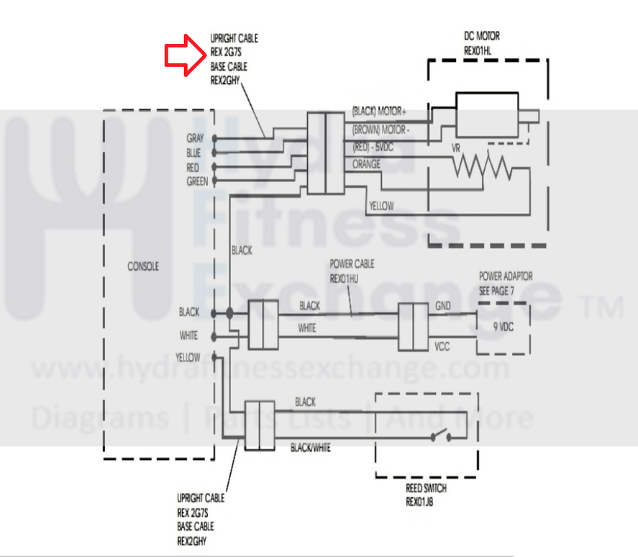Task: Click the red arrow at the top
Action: pos(185,55)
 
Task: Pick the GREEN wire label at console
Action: pos(197,181)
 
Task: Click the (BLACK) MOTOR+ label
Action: pos(379,112)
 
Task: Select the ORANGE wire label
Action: pos(367,164)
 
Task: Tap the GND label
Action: pos(442,306)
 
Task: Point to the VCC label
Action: pos(442,345)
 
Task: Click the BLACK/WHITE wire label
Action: pos(310,447)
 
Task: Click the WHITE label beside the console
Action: pos(188,335)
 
